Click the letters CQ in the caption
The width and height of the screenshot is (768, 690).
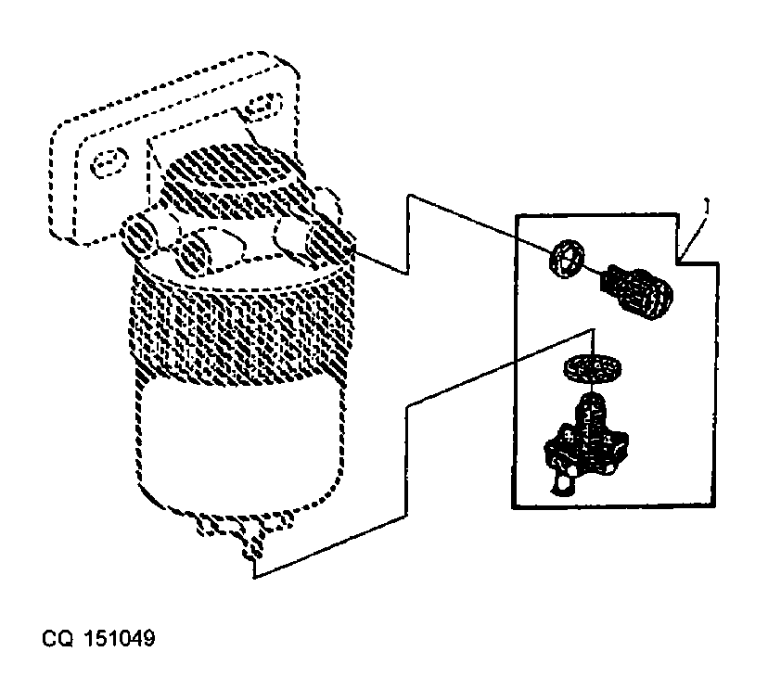click(58, 639)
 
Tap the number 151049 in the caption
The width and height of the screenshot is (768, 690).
click(120, 639)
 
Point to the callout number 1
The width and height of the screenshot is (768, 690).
click(706, 205)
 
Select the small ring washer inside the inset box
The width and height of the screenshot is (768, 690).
click(567, 259)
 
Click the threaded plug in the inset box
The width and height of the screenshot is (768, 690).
click(636, 292)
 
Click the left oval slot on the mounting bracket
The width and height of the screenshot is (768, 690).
click(109, 161)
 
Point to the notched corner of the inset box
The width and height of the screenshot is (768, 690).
click(677, 263)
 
